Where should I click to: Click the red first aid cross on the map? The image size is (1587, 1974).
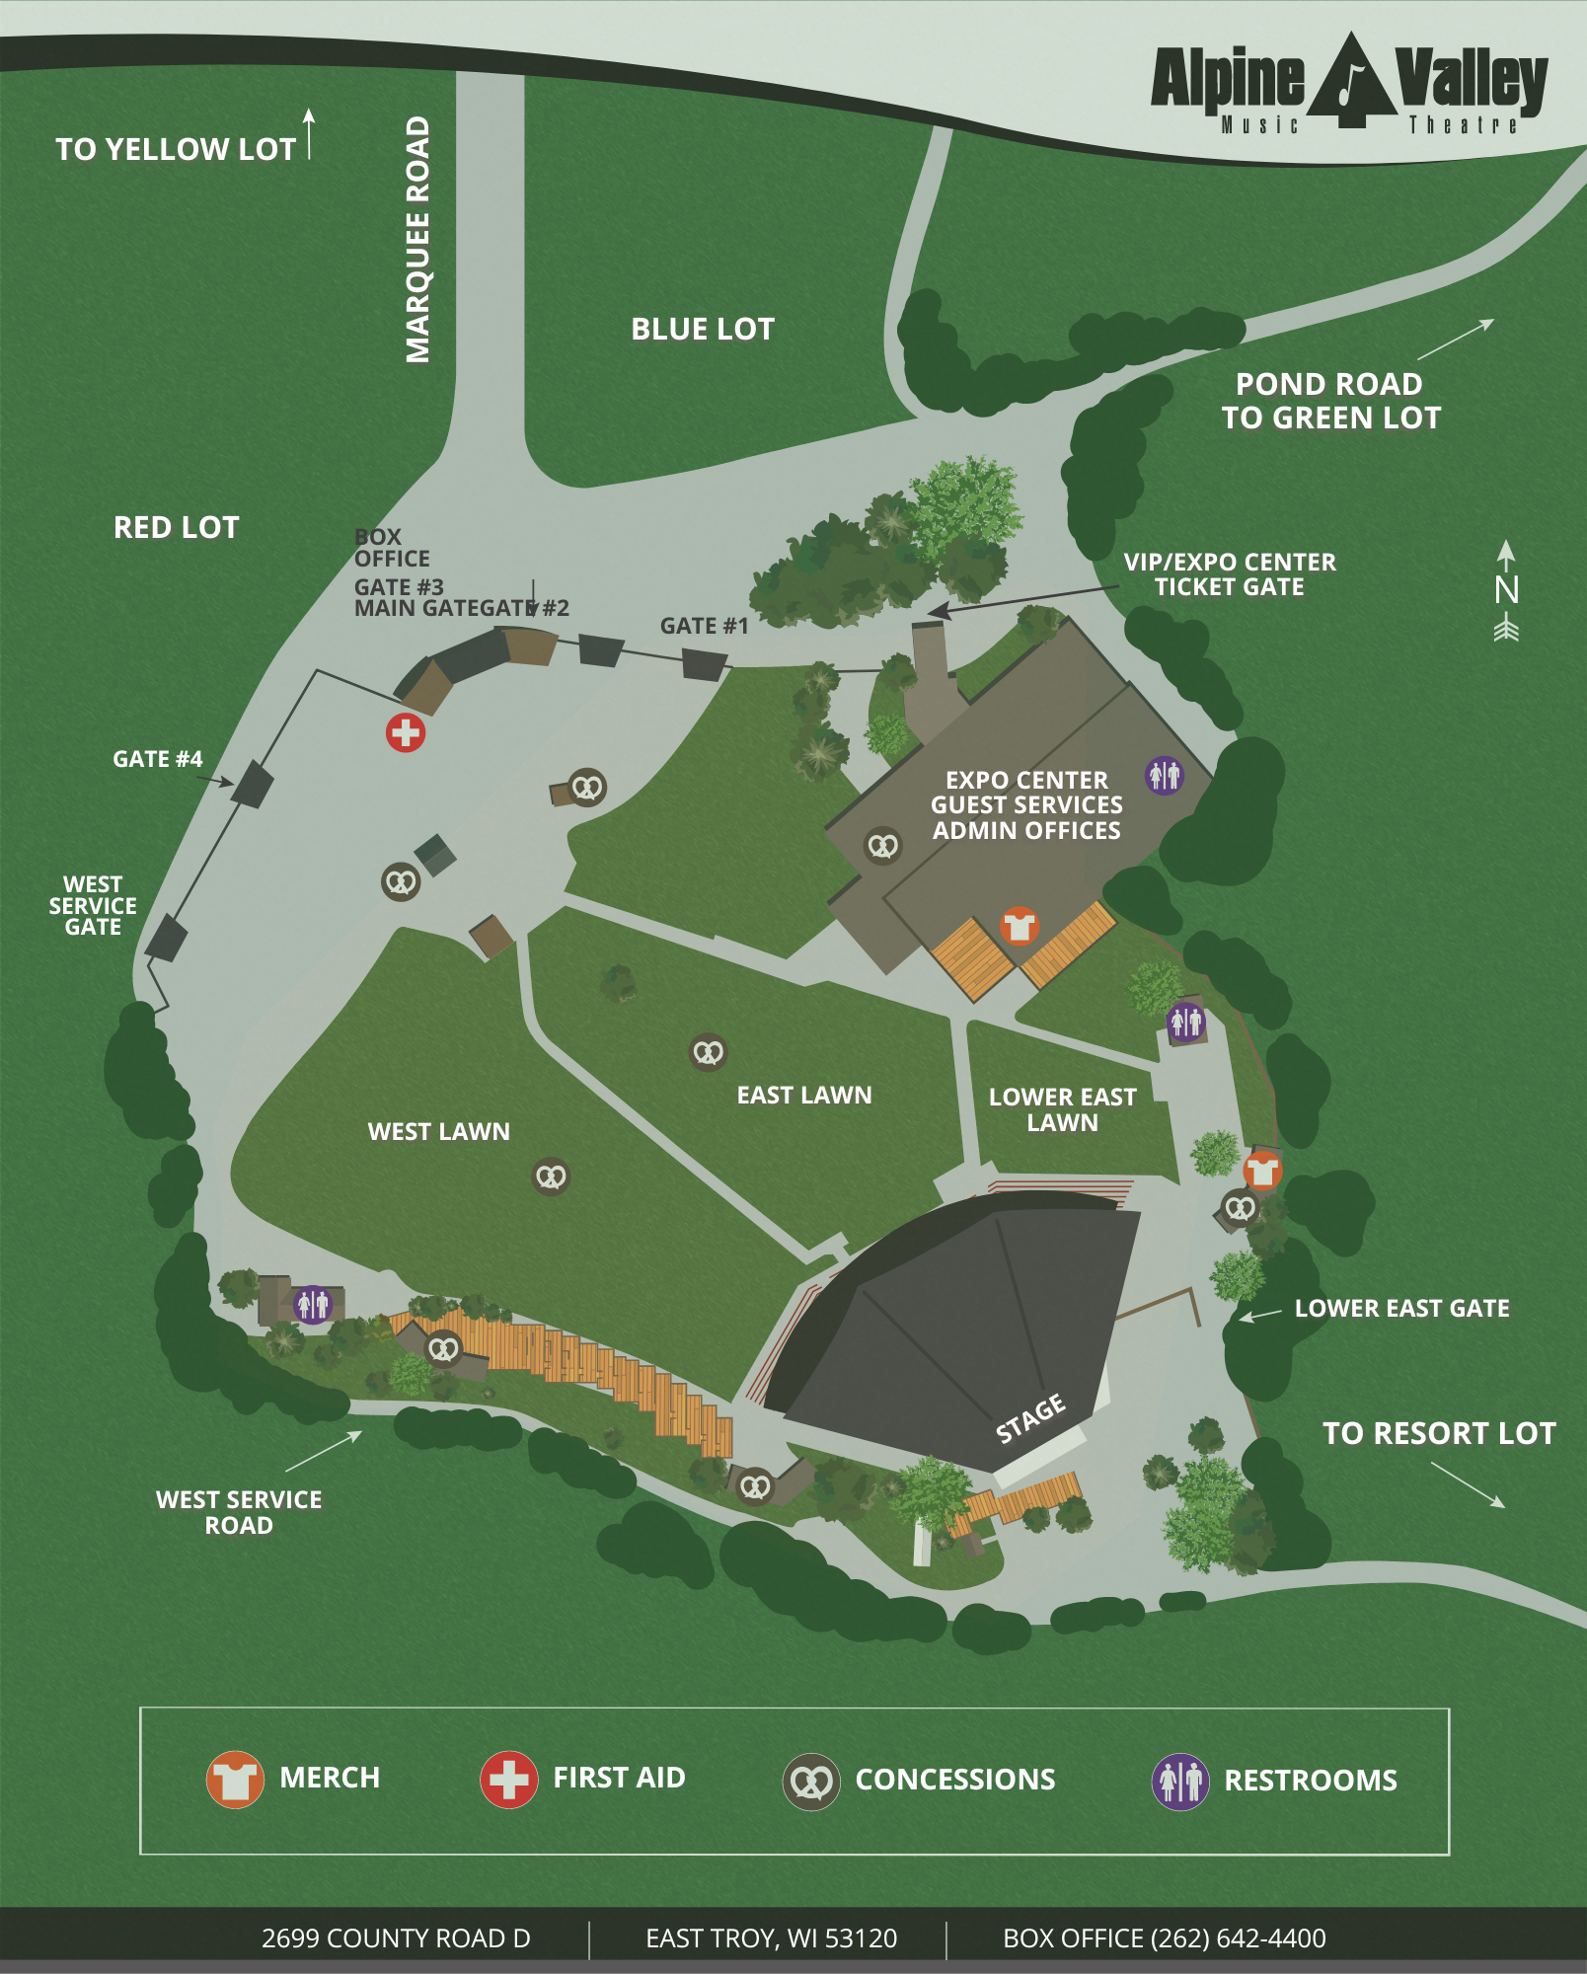406,732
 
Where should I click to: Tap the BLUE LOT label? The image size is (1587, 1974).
703,329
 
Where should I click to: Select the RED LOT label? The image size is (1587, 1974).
176,527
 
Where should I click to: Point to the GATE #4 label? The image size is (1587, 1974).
157,759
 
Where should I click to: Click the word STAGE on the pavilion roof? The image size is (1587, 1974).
1030,1418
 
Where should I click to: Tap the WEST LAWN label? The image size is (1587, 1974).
438,1131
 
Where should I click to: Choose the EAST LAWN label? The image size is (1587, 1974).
803,1095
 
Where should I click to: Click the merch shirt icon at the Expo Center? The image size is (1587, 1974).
1019,926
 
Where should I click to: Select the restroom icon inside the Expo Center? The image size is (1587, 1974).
1164,775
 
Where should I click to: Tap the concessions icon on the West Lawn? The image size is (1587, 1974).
551,1177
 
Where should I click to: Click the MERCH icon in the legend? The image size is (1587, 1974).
235,1779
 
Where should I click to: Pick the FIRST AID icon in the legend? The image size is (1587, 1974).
508,1779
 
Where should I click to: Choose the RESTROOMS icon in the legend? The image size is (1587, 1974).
1180,1781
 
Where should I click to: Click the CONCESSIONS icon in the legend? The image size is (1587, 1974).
811,1782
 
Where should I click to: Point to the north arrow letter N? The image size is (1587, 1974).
1506,590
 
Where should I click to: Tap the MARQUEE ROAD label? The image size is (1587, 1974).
418,240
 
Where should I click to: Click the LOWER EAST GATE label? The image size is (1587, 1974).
1401,1308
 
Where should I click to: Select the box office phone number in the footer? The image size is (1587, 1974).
1165,1938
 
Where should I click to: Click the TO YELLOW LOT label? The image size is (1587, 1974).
176,149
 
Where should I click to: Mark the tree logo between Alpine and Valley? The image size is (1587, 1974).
1350,81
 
